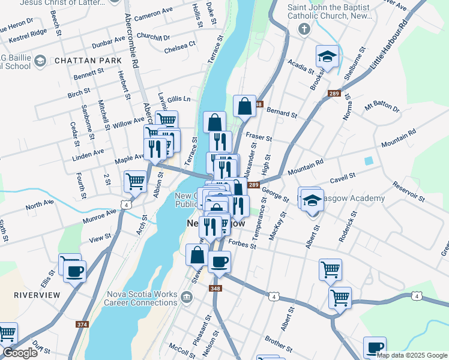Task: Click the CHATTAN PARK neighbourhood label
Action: (80, 61)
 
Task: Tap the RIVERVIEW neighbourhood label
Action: (37, 295)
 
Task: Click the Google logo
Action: (20, 352)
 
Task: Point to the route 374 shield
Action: (82, 324)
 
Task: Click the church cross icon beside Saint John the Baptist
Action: (304, 29)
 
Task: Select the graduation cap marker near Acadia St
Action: (327, 57)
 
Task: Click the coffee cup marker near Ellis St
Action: (74, 271)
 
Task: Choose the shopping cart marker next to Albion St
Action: (135, 180)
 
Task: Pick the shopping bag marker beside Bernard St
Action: (245, 107)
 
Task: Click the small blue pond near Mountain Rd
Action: (368, 161)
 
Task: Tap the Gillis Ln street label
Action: (179, 98)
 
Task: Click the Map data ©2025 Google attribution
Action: (412, 355)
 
